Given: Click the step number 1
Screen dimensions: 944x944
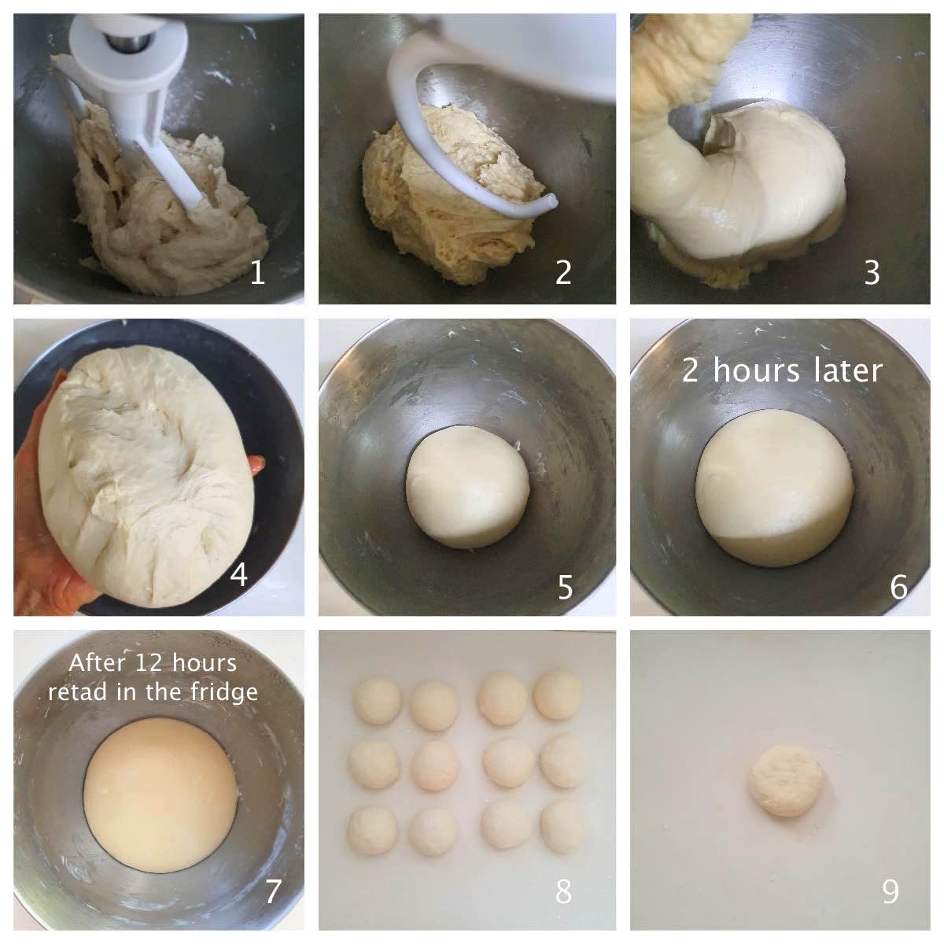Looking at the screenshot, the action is point(258,272).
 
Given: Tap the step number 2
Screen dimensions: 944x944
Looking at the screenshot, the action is point(563,272).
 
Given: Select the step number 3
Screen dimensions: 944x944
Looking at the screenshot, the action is point(872,272).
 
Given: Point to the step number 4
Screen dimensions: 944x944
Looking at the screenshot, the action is point(238,574).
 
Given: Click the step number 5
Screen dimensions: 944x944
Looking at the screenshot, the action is point(565,588).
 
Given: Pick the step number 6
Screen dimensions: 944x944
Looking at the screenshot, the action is point(899,588).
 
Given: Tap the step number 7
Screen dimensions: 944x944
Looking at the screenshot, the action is point(273,891).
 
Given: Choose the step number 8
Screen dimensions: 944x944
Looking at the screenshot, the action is point(563,891).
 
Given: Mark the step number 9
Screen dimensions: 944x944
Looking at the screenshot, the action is point(891,891).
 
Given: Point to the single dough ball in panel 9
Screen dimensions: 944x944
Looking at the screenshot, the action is point(785,788).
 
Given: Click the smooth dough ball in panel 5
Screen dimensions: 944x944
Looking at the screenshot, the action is point(468,487).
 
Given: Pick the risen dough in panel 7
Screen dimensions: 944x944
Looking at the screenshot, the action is point(160,796).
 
